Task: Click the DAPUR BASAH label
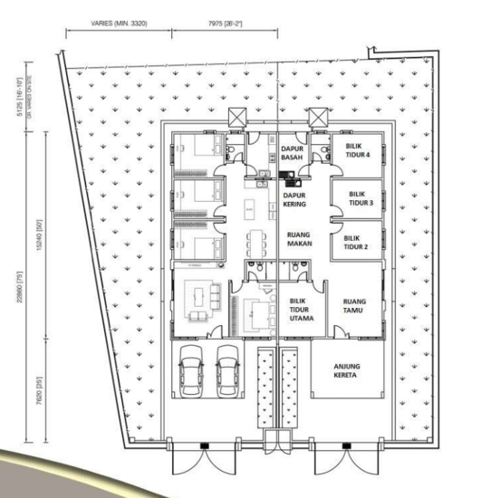click(x=291, y=153)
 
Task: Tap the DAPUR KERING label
click(x=293, y=199)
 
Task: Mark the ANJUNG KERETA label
click(x=347, y=369)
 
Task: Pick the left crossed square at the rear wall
click(x=237, y=118)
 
